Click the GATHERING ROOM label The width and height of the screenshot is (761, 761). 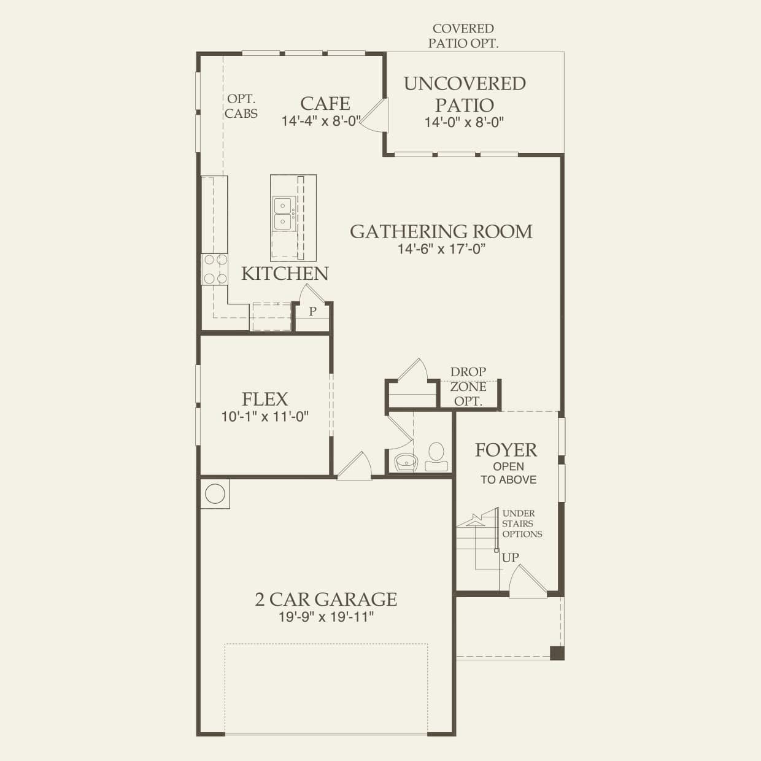coord(441,231)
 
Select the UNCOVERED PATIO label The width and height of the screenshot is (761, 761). coord(465,94)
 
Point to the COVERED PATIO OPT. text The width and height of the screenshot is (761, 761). coord(463,36)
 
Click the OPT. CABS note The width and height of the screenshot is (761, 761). coord(241,106)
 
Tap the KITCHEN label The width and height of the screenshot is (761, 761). coord(285,274)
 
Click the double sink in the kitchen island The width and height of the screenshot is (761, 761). coord(283,213)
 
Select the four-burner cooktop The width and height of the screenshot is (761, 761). coord(215,269)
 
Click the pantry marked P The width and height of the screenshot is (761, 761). coord(312,312)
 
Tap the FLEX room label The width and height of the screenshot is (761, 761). coord(265,399)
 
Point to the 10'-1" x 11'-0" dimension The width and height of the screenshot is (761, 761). coord(265,417)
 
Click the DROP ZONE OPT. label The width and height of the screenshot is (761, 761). coord(468,387)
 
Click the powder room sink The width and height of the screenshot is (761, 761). coord(406,460)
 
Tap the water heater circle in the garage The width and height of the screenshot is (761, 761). coord(215,493)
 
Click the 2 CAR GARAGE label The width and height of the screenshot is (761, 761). coord(326,599)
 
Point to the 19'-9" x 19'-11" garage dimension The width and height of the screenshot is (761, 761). coord(326,617)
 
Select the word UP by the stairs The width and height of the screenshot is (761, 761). coord(510,558)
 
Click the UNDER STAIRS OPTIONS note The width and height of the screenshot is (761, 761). coord(522,523)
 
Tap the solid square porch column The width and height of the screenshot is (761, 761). coord(557,653)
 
